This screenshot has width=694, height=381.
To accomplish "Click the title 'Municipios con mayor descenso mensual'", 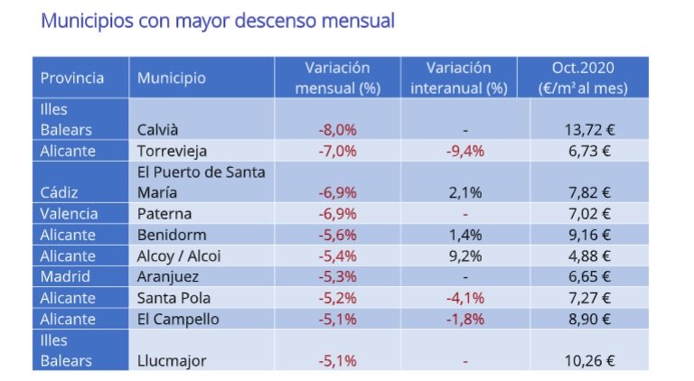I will [218, 21].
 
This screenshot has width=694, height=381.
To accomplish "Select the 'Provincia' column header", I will [72, 78].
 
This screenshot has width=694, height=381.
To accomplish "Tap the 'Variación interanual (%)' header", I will [459, 78].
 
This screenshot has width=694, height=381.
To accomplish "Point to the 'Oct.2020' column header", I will [582, 78].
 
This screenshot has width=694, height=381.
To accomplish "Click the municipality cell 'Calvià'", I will [157, 130].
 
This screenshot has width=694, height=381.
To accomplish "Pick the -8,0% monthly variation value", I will [337, 130].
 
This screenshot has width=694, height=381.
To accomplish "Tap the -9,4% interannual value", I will [464, 151].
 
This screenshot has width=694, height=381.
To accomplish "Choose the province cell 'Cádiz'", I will [58, 192].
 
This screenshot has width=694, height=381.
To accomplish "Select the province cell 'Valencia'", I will [69, 214].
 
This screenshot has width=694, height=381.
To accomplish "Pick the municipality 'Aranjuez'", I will [168, 276].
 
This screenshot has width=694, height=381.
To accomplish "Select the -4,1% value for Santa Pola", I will [464, 298].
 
